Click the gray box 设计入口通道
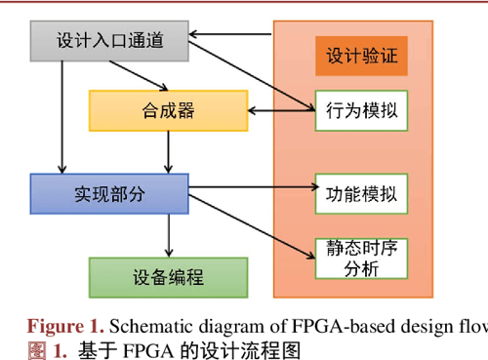(x=107, y=40)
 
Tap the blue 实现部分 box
(x=108, y=193)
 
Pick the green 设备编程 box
(x=167, y=276)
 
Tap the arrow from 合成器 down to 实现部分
(x=170, y=151)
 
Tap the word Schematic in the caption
(x=142, y=326)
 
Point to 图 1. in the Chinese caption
(x=47, y=348)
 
